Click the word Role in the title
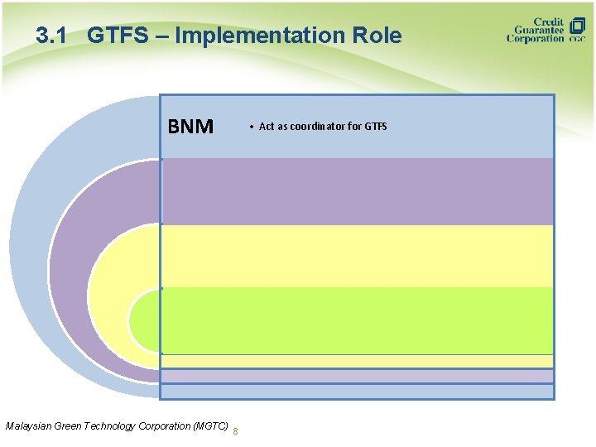click(377, 36)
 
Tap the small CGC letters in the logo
click(577, 39)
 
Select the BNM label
click(190, 127)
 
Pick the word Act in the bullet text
click(267, 127)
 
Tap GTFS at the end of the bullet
click(376, 127)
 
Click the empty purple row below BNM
click(357, 191)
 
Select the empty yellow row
click(357, 256)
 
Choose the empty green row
click(357, 320)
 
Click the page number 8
click(237, 430)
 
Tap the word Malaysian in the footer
click(27, 425)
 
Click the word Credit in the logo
click(549, 21)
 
